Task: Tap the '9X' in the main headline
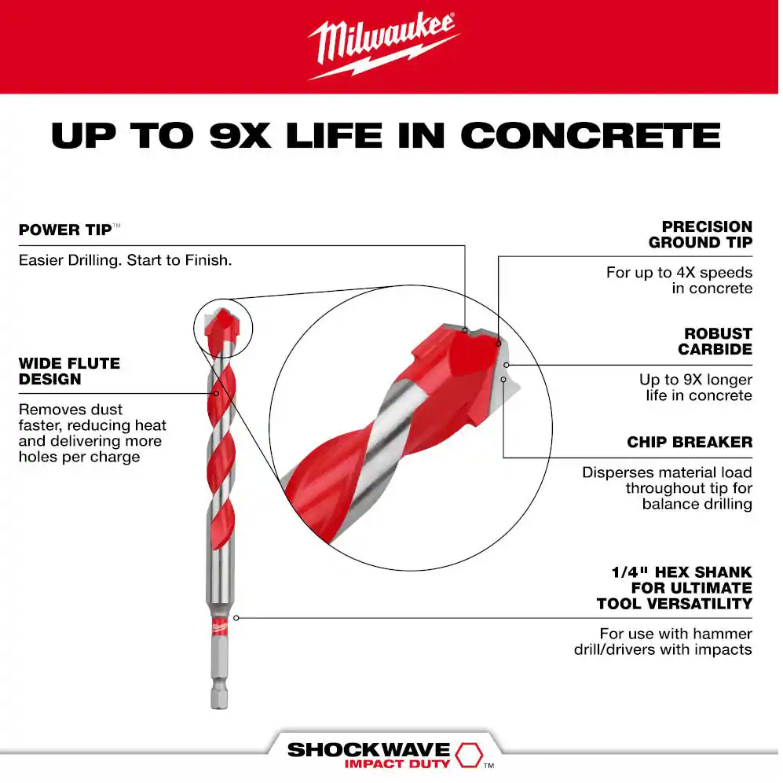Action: (x=240, y=135)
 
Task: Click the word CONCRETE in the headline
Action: (x=591, y=135)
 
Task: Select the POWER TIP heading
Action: (x=65, y=230)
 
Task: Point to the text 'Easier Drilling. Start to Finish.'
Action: (x=126, y=260)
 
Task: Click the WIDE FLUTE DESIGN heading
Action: (x=69, y=371)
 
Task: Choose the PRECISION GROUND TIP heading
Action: (x=701, y=234)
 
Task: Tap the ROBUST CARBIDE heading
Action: (x=715, y=341)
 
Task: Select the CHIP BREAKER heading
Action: (x=690, y=442)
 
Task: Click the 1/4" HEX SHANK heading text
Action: (x=675, y=587)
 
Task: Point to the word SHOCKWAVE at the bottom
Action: (x=368, y=749)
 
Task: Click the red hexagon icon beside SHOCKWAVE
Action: (x=469, y=754)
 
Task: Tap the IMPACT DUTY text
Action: (x=397, y=763)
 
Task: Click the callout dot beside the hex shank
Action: (x=236, y=618)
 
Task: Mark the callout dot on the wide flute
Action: (x=216, y=393)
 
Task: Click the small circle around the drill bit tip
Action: (x=223, y=300)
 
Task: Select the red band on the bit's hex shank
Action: (x=219, y=627)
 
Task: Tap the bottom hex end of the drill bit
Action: (x=219, y=698)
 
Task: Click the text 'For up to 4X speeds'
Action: (x=679, y=273)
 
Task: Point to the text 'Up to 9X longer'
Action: (x=696, y=380)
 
